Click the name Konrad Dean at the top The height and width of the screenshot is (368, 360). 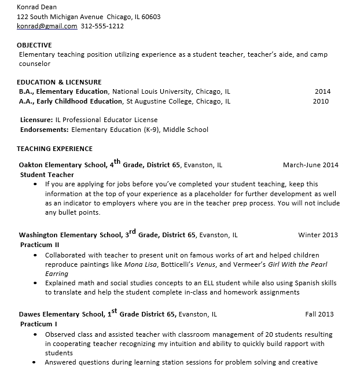tap(36, 7)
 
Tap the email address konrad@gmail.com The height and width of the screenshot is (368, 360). tap(47, 26)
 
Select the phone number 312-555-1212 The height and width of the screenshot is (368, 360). tap(102, 26)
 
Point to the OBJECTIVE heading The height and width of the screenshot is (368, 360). tap(34, 45)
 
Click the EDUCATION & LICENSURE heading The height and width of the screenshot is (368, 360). tap(59, 82)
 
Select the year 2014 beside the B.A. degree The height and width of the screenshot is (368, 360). tap(322, 91)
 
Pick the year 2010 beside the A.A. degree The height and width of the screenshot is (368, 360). tap(321, 101)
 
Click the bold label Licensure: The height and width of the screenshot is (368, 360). tap(36, 120)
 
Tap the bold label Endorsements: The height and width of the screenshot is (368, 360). tap(45, 130)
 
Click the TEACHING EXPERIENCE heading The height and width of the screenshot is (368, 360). tap(54, 149)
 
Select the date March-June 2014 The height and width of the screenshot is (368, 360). tap(311, 165)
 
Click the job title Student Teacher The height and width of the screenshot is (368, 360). tap(47, 174)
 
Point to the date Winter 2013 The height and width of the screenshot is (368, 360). tap(318, 235)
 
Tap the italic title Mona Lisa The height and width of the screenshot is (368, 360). tap(142, 264)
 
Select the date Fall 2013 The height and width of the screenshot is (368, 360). tap(319, 315)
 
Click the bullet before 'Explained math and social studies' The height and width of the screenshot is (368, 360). tap(35, 284)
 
